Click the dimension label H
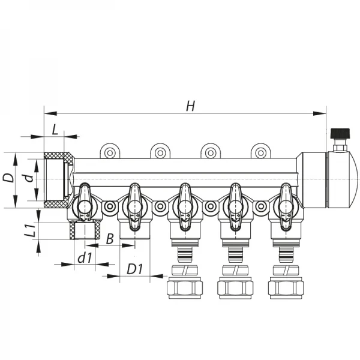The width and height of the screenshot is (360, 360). (190, 106)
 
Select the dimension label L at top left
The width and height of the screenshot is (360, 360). (55, 129)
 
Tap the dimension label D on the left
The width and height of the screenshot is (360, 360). (8, 178)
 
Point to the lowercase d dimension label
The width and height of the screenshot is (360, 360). (26, 178)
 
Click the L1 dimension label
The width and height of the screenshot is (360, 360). (26, 230)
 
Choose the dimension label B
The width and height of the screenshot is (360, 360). (110, 238)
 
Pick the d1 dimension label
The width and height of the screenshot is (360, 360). (85, 259)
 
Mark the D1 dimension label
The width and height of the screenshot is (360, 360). (134, 269)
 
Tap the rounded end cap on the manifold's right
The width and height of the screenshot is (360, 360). (339, 179)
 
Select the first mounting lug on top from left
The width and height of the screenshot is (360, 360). (110, 152)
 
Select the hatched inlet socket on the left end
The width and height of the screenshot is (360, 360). (58, 179)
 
